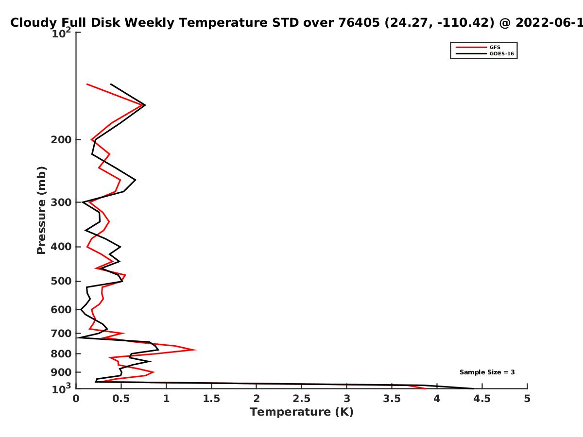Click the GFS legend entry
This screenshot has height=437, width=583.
tap(478, 47)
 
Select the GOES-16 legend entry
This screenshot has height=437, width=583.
tap(485, 53)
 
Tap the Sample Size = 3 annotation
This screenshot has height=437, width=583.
tap(487, 372)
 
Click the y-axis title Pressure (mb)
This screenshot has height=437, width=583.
tap(41, 210)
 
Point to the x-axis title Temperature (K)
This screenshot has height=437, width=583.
tap(302, 412)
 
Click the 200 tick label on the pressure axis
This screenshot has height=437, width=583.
tap(61, 139)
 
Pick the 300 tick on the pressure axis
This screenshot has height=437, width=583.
tap(61, 202)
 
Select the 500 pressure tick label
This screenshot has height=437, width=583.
tap(61, 281)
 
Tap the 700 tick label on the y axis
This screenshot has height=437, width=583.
tap(61, 333)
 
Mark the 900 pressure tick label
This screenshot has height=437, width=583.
tap(61, 372)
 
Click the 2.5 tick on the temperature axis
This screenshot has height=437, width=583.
tap(302, 399)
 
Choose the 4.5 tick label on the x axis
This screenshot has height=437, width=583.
tap(482, 399)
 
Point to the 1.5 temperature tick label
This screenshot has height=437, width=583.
tap(211, 399)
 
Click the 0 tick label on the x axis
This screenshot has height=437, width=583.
tap(76, 399)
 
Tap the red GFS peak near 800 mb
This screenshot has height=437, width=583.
tap(196, 350)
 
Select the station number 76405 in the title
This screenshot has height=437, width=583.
tap(359, 23)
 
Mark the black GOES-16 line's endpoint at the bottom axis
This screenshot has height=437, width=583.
tap(474, 389)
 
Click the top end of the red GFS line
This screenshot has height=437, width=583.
tap(87, 84)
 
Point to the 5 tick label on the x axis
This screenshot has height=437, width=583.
tap(527, 399)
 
